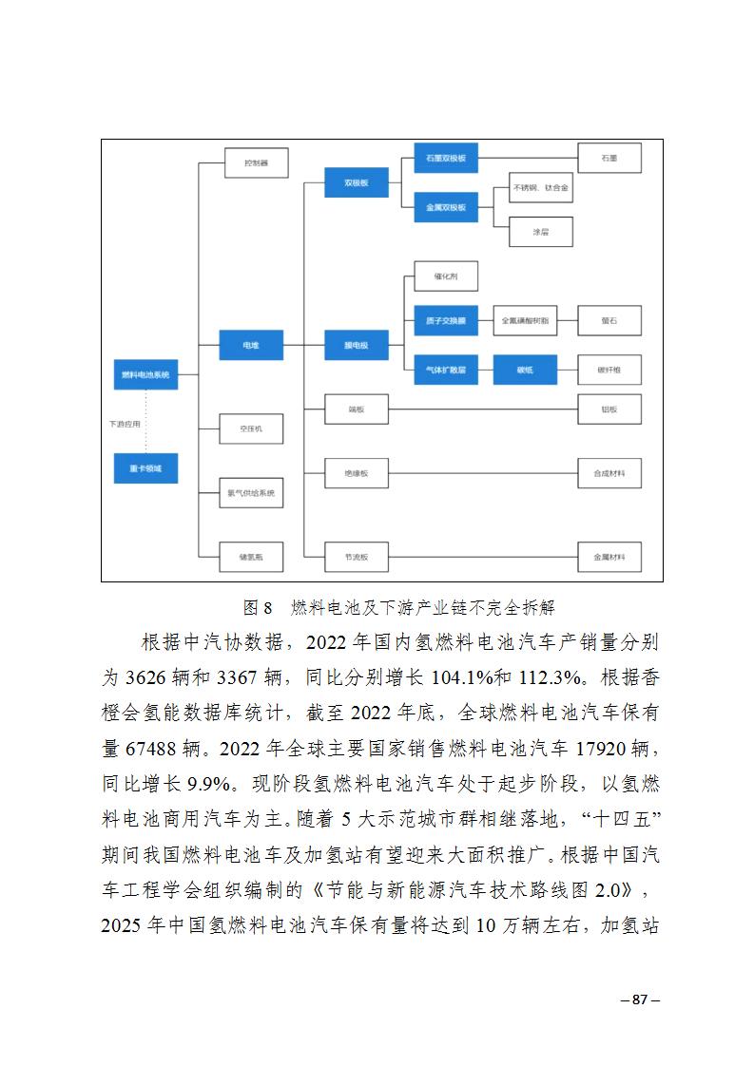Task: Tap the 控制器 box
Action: pos(251,162)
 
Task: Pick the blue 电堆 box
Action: pos(251,345)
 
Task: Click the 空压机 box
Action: pos(251,428)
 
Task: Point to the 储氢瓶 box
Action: pos(251,557)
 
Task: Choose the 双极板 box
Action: pos(357,181)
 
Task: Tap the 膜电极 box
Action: pos(357,345)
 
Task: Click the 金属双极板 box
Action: pos(446,207)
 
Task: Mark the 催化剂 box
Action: pos(446,276)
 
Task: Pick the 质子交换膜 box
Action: pos(446,321)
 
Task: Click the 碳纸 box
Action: pos(525,369)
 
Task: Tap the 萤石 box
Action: pos(609,321)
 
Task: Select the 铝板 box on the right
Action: pos(609,409)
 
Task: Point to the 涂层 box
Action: pos(540,231)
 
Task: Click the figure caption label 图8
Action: pos(258,606)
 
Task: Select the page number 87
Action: pos(639,999)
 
